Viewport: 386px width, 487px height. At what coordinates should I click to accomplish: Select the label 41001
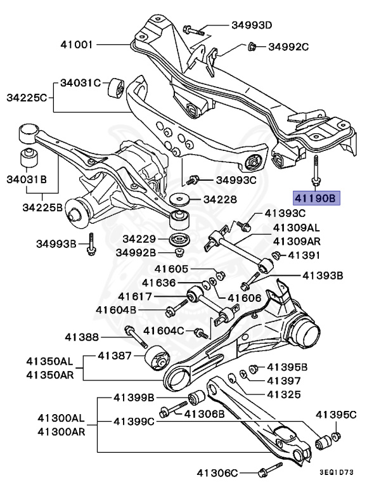pyautogui.click(x=77, y=45)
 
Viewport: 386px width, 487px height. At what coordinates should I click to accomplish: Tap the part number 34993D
pyautogui.click(x=250, y=26)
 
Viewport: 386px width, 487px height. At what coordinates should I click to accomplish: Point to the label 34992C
pyautogui.click(x=288, y=46)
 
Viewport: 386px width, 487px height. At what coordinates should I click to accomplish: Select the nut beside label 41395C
pyautogui.click(x=336, y=436)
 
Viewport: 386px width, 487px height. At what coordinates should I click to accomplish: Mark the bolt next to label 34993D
pyautogui.click(x=193, y=29)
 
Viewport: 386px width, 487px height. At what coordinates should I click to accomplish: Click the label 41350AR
pyautogui.click(x=49, y=374)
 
